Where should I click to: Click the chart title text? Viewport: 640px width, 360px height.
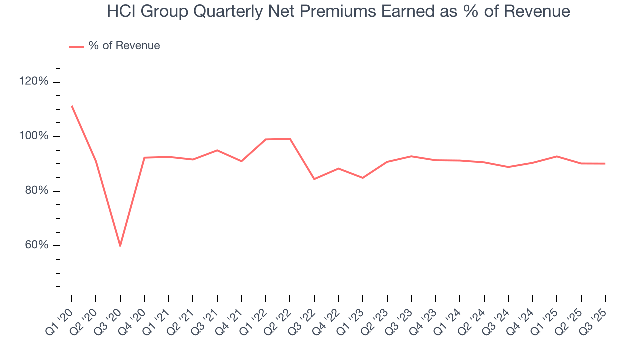pyautogui.click(x=338, y=11)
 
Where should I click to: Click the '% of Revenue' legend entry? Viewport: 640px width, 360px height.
pyautogui.click(x=124, y=46)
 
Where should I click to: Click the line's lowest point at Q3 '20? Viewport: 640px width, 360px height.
pyautogui.click(x=120, y=246)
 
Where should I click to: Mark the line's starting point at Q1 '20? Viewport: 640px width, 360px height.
pyautogui.click(x=72, y=106)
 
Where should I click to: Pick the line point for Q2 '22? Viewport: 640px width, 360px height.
pyautogui.click(x=290, y=139)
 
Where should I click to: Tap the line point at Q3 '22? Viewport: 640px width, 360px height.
pyautogui.click(x=314, y=179)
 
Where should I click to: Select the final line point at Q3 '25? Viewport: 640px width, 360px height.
pyautogui.click(x=605, y=164)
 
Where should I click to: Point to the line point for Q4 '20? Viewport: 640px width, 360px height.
pyautogui.click(x=144, y=158)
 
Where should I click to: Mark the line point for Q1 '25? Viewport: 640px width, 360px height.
pyautogui.click(x=556, y=156)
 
